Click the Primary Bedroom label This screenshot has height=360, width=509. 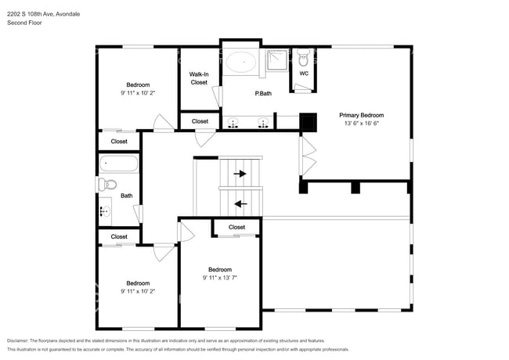(360, 115)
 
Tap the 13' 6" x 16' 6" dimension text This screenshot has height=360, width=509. (360, 124)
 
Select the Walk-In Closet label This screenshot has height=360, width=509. (199, 78)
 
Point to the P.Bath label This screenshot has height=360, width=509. (263, 94)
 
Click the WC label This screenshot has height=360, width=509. (304, 74)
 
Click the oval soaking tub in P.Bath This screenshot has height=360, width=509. (242, 60)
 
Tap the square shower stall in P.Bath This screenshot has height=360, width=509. (276, 61)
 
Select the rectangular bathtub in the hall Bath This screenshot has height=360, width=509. (119, 164)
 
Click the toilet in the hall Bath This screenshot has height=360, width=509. (106, 185)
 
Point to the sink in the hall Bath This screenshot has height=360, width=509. (104, 211)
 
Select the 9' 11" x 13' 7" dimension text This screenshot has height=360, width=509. (219, 277)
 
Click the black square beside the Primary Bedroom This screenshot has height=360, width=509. (309, 121)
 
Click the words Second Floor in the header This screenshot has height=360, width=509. (23, 23)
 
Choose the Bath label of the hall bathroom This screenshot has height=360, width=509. (126, 196)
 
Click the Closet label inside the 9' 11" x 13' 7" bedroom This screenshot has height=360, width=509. (236, 227)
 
